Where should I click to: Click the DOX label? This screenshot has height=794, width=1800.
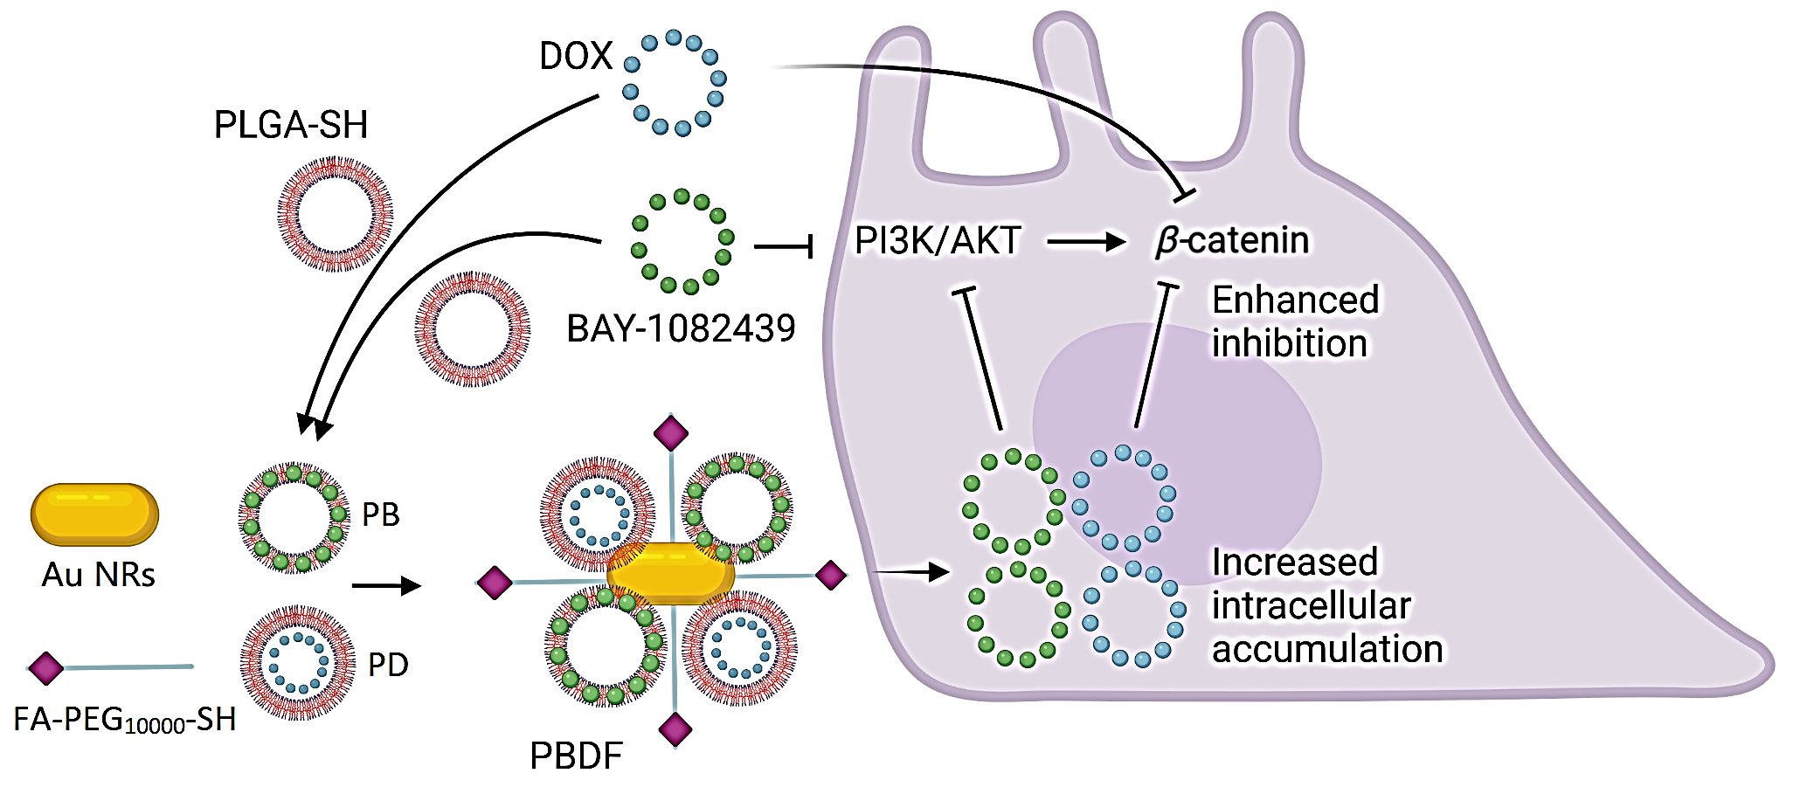[575, 56]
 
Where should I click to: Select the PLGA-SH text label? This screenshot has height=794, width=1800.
[291, 125]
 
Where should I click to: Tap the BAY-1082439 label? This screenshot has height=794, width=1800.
[681, 329]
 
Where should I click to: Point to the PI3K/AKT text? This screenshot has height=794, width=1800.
[938, 241]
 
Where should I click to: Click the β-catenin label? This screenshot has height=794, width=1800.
[1232, 241]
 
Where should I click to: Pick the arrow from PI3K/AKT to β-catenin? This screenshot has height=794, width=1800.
[1086, 241]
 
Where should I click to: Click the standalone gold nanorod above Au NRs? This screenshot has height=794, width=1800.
[94, 514]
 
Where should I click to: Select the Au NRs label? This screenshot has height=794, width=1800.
[98, 575]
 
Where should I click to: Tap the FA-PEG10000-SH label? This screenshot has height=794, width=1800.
[125, 721]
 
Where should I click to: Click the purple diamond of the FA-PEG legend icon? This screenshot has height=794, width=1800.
[46, 669]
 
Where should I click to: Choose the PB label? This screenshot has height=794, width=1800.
[381, 515]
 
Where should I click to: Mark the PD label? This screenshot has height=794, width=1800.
[388, 666]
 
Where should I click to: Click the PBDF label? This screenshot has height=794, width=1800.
[576, 756]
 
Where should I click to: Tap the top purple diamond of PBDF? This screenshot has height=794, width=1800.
[671, 432]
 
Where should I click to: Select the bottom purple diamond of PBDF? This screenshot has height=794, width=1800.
[675, 729]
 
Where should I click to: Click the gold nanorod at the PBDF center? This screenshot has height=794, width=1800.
[671, 572]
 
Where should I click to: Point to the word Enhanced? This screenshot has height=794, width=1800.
[1295, 300]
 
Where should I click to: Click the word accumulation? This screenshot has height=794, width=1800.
[1326, 649]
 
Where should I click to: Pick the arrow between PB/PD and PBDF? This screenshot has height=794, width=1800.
[385, 585]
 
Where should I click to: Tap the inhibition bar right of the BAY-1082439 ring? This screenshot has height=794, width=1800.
[785, 247]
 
